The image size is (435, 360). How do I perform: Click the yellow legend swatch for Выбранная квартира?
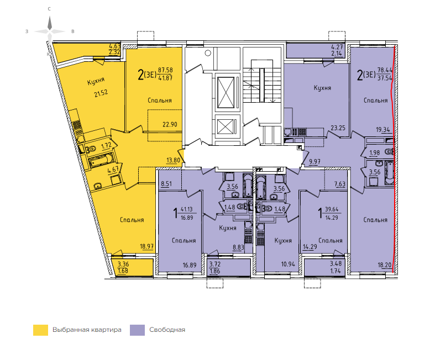[x=40, y=330]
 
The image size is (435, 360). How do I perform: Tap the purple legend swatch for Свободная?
[x=137, y=330]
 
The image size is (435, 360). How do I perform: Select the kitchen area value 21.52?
[x=101, y=93]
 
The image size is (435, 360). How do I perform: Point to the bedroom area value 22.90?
[x=170, y=124]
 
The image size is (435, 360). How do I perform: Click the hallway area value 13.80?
[x=173, y=160]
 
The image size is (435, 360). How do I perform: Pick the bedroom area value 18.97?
[x=147, y=246]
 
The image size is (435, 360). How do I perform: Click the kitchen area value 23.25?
[x=338, y=128]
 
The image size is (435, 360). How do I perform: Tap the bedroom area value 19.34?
[x=383, y=129]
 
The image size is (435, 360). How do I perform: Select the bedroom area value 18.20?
[x=385, y=265]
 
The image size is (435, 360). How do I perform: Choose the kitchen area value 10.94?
[x=288, y=264]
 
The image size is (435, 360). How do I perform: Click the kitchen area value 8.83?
[x=238, y=247]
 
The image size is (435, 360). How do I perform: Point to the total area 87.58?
[x=165, y=70]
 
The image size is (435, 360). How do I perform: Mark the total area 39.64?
[x=332, y=209]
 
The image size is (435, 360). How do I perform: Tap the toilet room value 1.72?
[x=106, y=146]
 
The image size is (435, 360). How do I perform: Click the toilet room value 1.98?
[x=375, y=153]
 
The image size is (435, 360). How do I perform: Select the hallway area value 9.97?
[x=315, y=162]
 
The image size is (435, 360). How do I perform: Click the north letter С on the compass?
[x=49, y=9]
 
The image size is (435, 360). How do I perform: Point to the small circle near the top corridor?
[x=208, y=53]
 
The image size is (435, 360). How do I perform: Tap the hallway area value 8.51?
[x=166, y=184]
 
